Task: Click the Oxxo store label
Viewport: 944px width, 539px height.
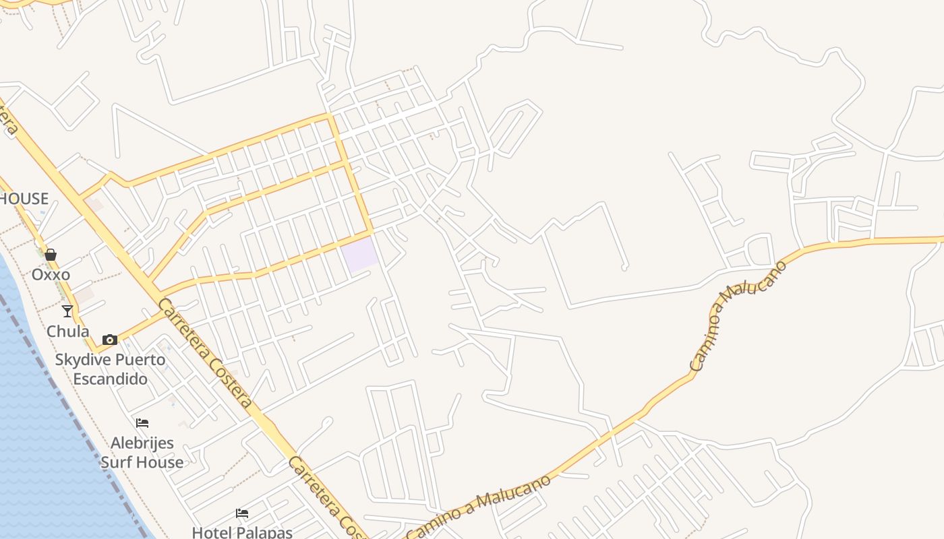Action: [51, 275]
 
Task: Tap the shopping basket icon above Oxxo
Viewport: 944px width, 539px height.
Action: [51, 255]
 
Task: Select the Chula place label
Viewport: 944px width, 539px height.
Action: [67, 331]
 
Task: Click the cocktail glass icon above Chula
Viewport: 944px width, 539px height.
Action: [67, 311]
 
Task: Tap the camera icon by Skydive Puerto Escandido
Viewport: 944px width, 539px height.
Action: [110, 340]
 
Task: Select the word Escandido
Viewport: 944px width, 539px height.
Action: [110, 379]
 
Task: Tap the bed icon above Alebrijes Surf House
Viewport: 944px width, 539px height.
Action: [142, 423]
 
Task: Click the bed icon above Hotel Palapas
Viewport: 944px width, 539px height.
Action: [242, 513]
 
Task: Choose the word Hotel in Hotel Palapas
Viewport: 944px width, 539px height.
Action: [212, 532]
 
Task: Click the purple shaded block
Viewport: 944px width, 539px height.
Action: [358, 255]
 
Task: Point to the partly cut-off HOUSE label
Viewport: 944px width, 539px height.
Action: [24, 199]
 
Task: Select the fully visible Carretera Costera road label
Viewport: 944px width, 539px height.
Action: [206, 354]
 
